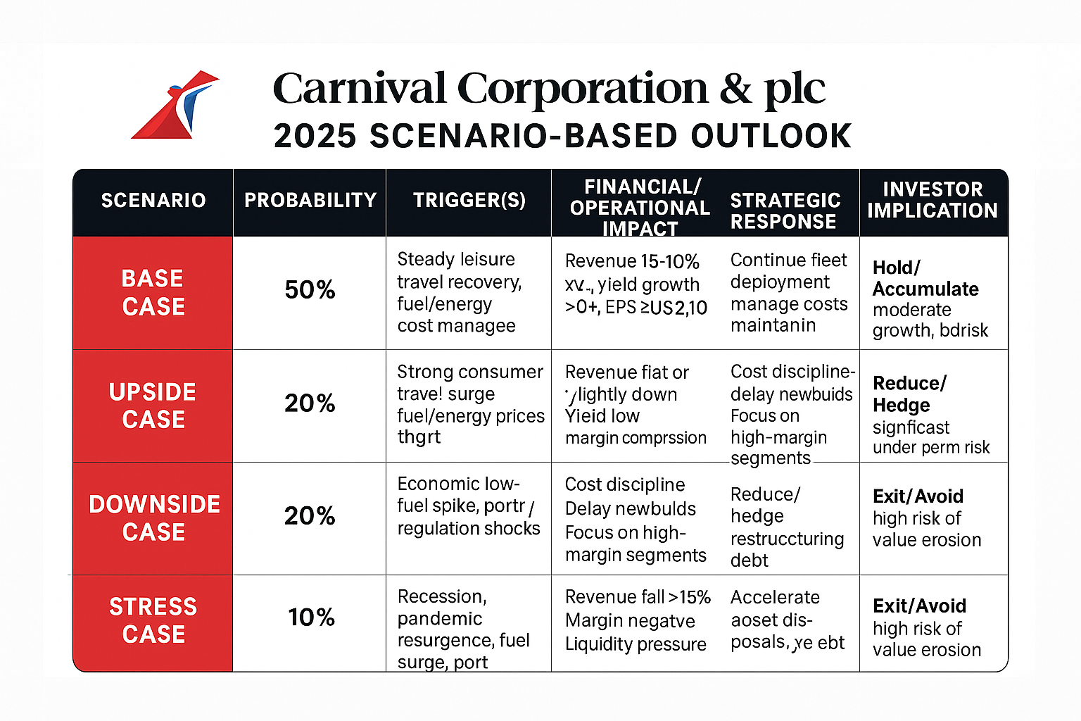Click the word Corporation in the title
click(583, 89)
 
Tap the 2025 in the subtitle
click(315, 136)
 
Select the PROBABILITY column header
click(310, 201)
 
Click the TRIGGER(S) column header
click(469, 201)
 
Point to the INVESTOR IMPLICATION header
click(933, 200)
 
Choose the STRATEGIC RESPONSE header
click(785, 211)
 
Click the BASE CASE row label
click(153, 292)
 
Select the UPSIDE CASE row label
click(153, 406)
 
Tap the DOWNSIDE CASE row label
click(154, 518)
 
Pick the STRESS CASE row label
click(153, 620)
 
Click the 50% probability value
click(310, 290)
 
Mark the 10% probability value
click(311, 617)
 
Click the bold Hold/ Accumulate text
click(925, 278)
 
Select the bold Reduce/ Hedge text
click(909, 394)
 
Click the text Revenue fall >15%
click(638, 597)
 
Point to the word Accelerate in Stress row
click(775, 597)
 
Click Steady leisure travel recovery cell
click(459, 292)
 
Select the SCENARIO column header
click(153, 201)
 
